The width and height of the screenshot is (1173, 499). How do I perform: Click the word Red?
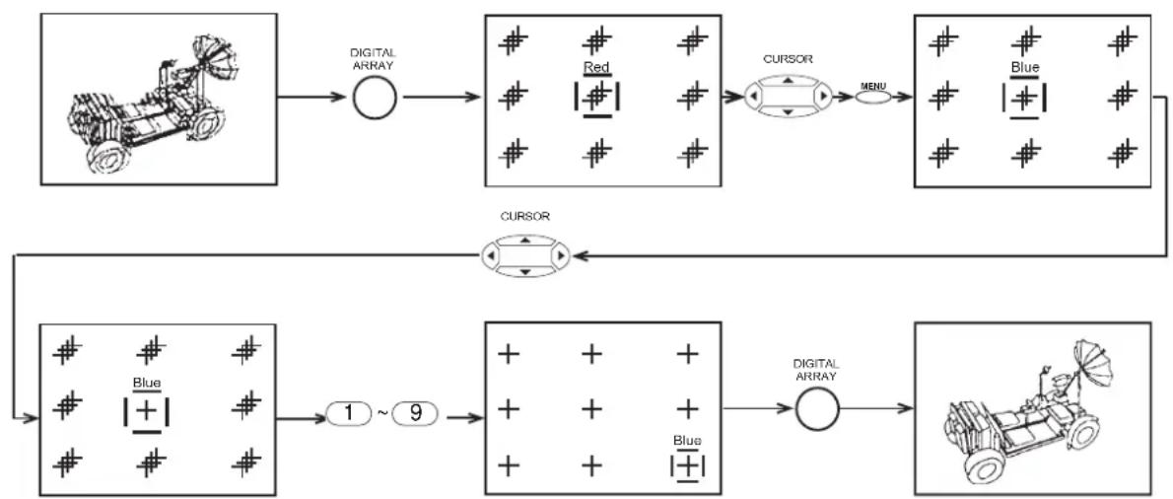tap(597, 68)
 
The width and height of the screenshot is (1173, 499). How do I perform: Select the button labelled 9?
tap(413, 413)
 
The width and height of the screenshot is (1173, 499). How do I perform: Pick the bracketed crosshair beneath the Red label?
tap(597, 98)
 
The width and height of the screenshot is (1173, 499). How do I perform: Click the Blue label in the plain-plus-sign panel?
tap(687, 441)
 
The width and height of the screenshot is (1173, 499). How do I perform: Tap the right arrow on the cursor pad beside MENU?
tap(823, 97)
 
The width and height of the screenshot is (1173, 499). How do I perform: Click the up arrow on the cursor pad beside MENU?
tap(787, 80)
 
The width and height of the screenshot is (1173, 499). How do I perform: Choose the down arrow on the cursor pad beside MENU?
tap(787, 112)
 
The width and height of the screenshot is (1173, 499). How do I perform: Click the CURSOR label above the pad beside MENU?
tap(787, 59)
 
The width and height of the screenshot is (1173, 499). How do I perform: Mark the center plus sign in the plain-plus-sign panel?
tap(591, 409)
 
